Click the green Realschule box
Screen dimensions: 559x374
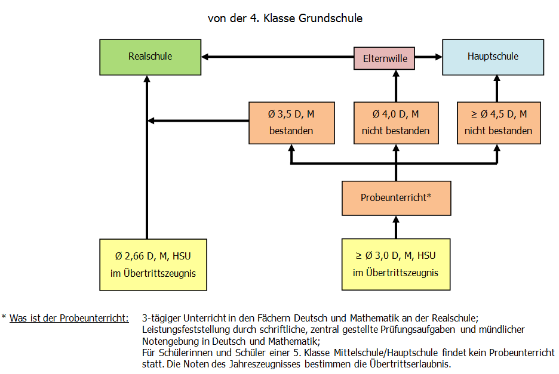coord(150,57)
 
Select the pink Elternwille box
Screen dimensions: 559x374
coord(384,58)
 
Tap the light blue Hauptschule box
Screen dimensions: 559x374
coord(493,57)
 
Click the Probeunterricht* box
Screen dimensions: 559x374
coord(397,198)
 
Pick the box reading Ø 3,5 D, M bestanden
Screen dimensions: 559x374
coord(291,123)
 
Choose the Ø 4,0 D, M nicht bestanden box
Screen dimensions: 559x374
coord(396,123)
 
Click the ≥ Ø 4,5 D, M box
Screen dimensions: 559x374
coord(499,123)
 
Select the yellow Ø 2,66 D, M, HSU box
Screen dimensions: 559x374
coord(153,265)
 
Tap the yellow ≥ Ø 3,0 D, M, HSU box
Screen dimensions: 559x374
coord(396,264)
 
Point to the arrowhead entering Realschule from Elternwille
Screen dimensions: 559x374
coord(205,57)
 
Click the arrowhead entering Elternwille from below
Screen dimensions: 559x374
coord(396,73)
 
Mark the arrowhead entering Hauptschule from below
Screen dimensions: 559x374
coord(497,79)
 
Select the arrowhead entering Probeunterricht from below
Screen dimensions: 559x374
coord(396,220)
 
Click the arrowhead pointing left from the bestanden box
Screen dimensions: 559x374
coord(151,120)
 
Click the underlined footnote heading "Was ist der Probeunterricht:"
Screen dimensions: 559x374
coord(69,318)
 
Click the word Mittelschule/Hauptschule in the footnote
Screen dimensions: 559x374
coord(386,353)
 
